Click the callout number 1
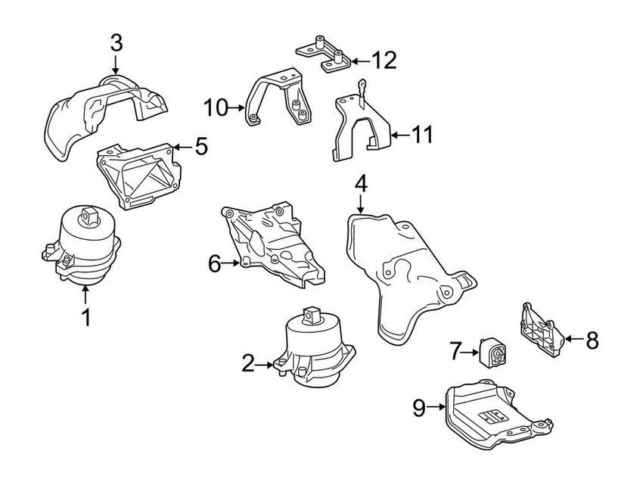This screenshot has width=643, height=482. [x=85, y=317]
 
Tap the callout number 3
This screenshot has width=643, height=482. [x=115, y=43]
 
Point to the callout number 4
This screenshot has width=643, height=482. [x=360, y=183]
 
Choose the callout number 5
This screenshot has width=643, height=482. [x=200, y=146]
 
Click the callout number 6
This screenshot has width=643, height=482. [x=215, y=264]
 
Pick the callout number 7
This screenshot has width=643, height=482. [x=455, y=350]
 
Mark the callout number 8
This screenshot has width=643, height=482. [x=591, y=341]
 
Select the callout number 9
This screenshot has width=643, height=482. [x=420, y=409]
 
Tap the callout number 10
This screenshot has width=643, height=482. [x=215, y=107]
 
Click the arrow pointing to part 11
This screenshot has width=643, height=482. [x=399, y=135]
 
